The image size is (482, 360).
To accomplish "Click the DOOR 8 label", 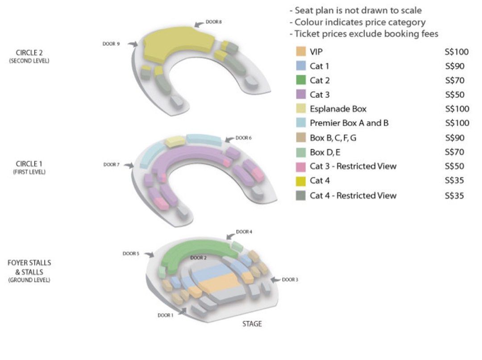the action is [x=214, y=22].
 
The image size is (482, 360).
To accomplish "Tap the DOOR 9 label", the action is [x=111, y=44].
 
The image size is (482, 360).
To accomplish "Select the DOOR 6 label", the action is [x=244, y=138].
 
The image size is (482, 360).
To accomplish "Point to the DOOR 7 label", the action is [x=111, y=165].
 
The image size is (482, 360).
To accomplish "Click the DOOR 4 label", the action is [x=244, y=232].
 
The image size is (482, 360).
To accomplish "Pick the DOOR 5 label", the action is [x=131, y=253].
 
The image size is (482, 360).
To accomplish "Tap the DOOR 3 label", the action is [x=290, y=280].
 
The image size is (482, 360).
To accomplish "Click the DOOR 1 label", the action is [x=166, y=315].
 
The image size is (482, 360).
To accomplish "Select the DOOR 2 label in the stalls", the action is [x=198, y=258].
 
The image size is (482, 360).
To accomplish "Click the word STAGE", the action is [x=252, y=324].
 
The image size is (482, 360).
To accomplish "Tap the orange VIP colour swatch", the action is [x=301, y=51].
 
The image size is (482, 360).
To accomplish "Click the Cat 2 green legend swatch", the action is [x=301, y=80].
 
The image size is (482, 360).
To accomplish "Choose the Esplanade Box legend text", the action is [x=338, y=109].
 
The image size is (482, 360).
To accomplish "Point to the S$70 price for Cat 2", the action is [x=455, y=80].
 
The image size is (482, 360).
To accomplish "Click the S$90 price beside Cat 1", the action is [x=455, y=66].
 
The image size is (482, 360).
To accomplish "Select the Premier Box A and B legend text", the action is [x=349, y=123].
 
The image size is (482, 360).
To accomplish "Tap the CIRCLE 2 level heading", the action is [x=29, y=53].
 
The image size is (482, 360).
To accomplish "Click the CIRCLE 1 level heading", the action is [x=29, y=164].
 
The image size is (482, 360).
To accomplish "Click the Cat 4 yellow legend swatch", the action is [x=301, y=181].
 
